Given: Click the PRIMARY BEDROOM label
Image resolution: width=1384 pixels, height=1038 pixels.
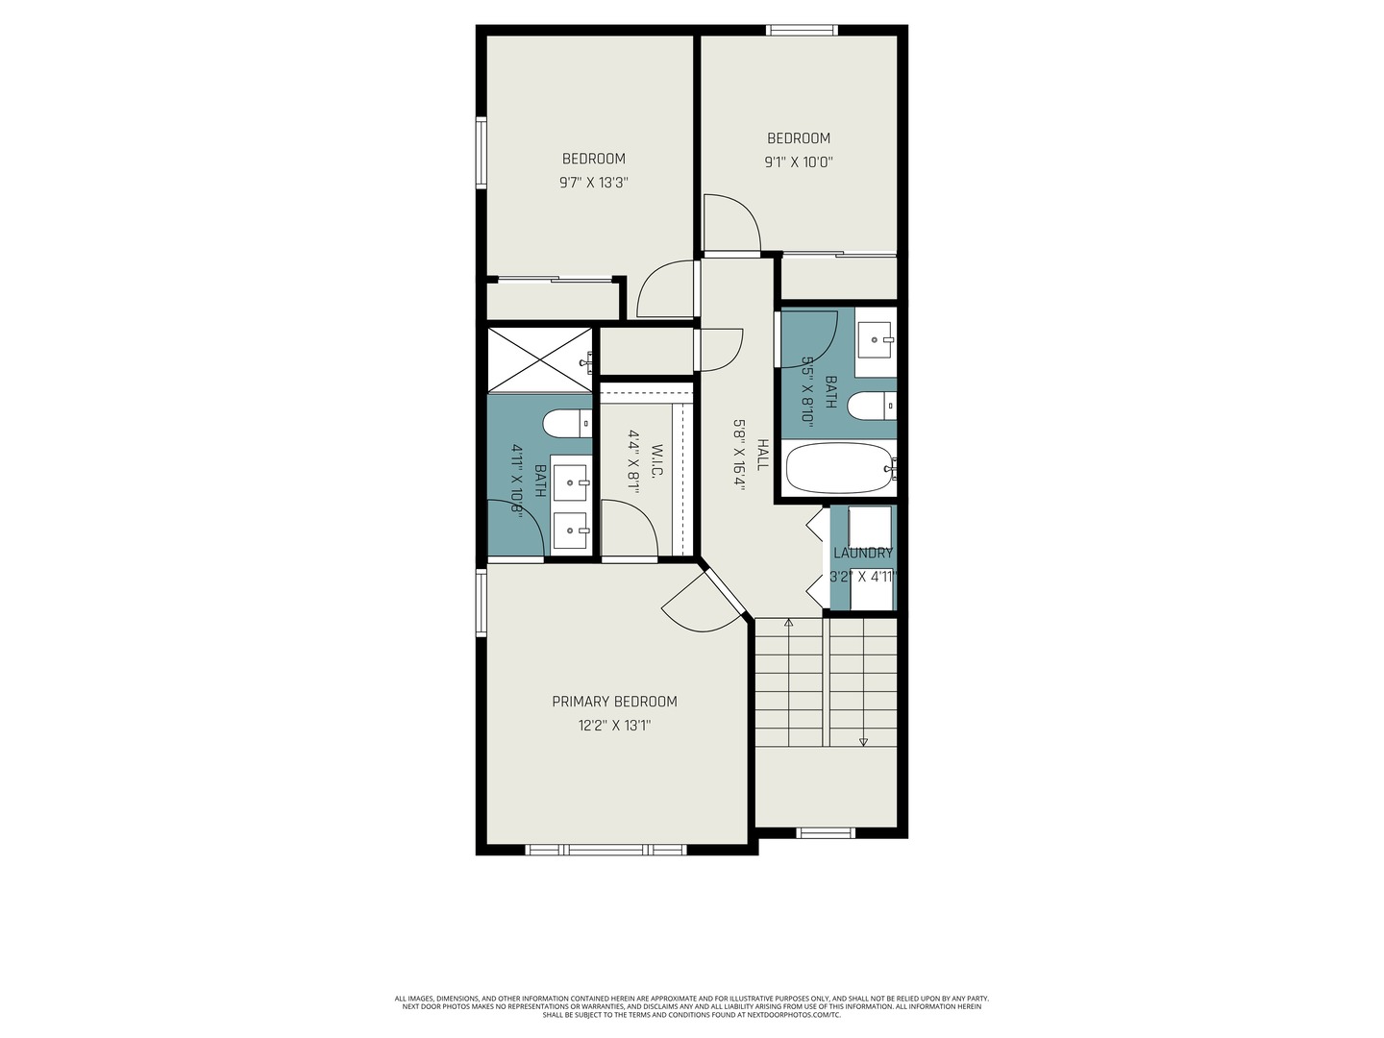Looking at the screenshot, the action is [x=614, y=702].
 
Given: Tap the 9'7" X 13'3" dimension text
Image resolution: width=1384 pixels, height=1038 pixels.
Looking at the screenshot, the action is [x=594, y=183].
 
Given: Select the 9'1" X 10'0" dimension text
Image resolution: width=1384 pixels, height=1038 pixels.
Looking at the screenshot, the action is [x=799, y=162].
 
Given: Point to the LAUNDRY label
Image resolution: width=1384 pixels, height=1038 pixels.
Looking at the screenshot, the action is [x=862, y=554].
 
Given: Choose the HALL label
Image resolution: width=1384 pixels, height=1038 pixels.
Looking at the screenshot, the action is [x=761, y=455].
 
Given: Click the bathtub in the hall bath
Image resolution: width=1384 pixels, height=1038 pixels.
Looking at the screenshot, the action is [x=840, y=468].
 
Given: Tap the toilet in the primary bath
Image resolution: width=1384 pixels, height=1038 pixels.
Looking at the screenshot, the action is [x=567, y=424].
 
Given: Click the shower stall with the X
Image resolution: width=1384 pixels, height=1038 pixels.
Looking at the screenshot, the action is [x=540, y=359].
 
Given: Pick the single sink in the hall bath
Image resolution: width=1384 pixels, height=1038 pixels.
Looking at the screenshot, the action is [x=876, y=339].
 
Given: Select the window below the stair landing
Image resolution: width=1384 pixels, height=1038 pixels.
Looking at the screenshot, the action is [x=826, y=833].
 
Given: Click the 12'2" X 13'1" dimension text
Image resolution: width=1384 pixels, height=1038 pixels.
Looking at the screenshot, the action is [x=614, y=726].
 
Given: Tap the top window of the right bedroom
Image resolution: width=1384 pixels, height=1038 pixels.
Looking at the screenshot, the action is [x=802, y=30].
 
